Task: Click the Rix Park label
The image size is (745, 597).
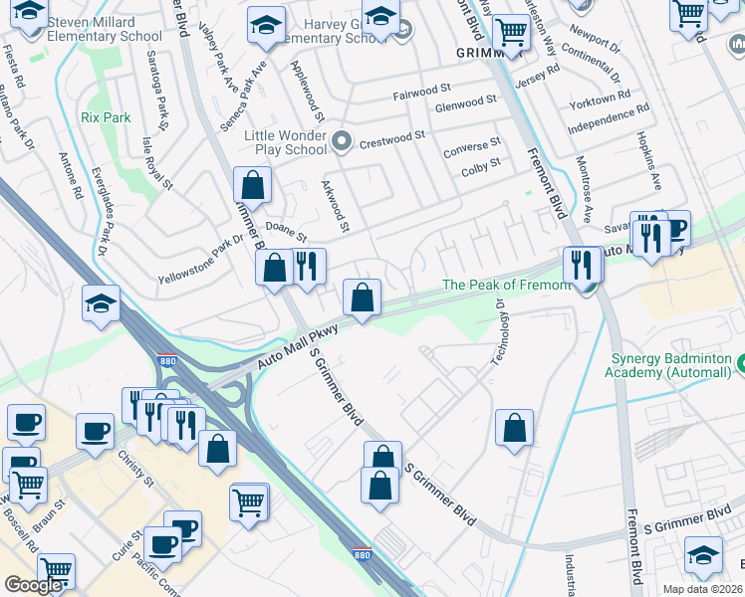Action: (105, 117)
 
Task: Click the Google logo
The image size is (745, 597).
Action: (32, 585)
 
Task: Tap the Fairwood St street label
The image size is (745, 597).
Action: (422, 97)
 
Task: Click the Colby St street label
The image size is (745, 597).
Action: (480, 169)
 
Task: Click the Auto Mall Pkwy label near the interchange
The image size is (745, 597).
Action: (299, 348)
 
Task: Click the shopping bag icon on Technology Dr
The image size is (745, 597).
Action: (514, 428)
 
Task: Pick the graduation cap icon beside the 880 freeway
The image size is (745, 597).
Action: (101, 303)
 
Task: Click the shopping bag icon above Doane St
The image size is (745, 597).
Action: (252, 184)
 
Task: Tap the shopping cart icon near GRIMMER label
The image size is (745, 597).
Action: (512, 32)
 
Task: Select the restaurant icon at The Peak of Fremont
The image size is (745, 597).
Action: (580, 265)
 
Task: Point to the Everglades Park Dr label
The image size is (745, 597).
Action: (100, 223)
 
